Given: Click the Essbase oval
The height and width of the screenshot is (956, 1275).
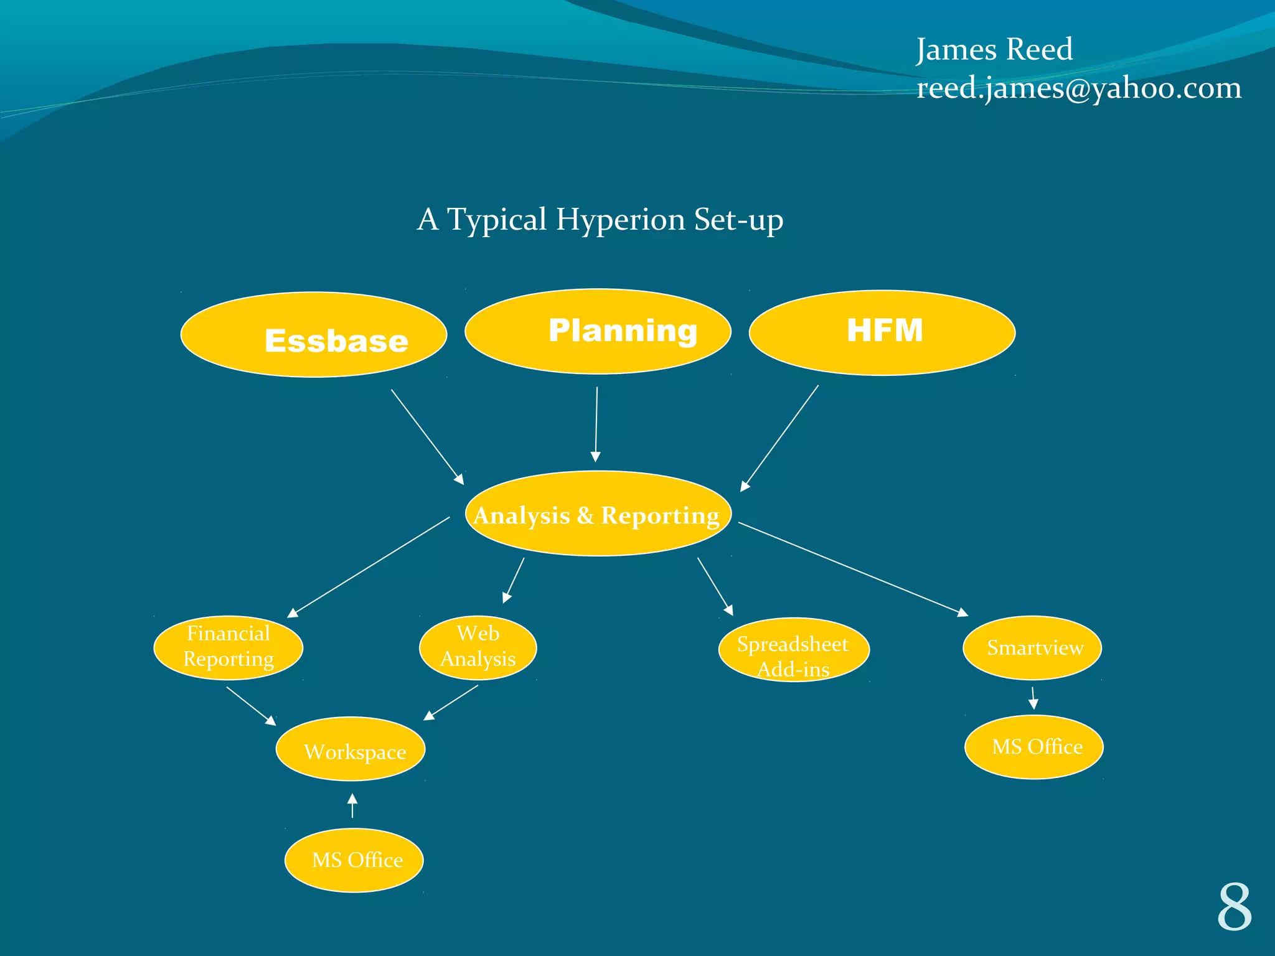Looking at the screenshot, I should pyautogui.click(x=314, y=335).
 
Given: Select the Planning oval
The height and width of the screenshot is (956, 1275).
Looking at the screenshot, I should pyautogui.click(x=598, y=331).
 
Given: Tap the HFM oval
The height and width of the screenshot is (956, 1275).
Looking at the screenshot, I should pyautogui.click(x=882, y=332).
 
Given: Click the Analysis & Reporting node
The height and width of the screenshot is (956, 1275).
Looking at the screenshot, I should pyautogui.click(x=598, y=514).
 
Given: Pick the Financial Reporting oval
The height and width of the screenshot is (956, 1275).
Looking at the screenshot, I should pyautogui.click(x=228, y=647).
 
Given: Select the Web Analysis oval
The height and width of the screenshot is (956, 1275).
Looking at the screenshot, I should pyautogui.click(x=478, y=647).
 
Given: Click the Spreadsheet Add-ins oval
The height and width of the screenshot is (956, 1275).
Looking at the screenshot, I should pyautogui.click(x=794, y=650).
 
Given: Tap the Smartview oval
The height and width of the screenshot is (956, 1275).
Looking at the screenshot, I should pyautogui.click(x=1032, y=647).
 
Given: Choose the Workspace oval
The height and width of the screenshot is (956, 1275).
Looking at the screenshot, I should pyautogui.click(x=351, y=749).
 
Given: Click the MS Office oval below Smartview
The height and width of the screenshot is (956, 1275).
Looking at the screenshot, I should pyautogui.click(x=1034, y=747).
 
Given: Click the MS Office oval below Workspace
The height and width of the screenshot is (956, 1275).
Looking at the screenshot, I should pyautogui.click(x=354, y=860).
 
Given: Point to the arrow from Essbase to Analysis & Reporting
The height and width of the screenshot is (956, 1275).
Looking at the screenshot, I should pyautogui.click(x=427, y=436).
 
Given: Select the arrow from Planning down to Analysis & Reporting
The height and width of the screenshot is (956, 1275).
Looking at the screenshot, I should pyautogui.click(x=596, y=424).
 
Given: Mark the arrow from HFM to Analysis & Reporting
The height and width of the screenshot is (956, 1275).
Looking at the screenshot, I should pyautogui.click(x=779, y=438).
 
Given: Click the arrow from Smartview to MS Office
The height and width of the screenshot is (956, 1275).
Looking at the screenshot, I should pyautogui.click(x=1033, y=698).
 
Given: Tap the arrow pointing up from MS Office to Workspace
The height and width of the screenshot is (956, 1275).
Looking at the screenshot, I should pyautogui.click(x=352, y=806).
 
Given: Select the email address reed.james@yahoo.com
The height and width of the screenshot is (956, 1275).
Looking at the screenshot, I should pyautogui.click(x=1079, y=88).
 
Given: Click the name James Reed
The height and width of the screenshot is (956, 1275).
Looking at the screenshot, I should pyautogui.click(x=994, y=49).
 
